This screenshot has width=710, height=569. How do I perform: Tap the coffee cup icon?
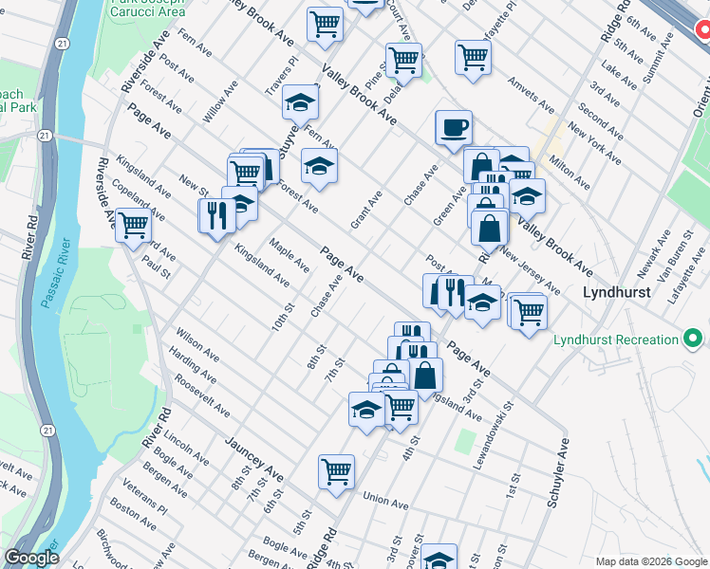pyautogui.click(x=453, y=127)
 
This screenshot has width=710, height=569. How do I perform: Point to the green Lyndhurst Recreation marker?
pyautogui.click(x=698, y=340)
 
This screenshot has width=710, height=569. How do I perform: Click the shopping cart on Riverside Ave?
pyautogui.click(x=134, y=226)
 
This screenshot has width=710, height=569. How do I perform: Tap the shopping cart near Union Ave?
pyautogui.click(x=336, y=471)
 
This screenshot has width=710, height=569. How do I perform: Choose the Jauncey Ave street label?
pyautogui.click(x=254, y=457)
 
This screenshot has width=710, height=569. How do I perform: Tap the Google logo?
pyautogui.click(x=31, y=558)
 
